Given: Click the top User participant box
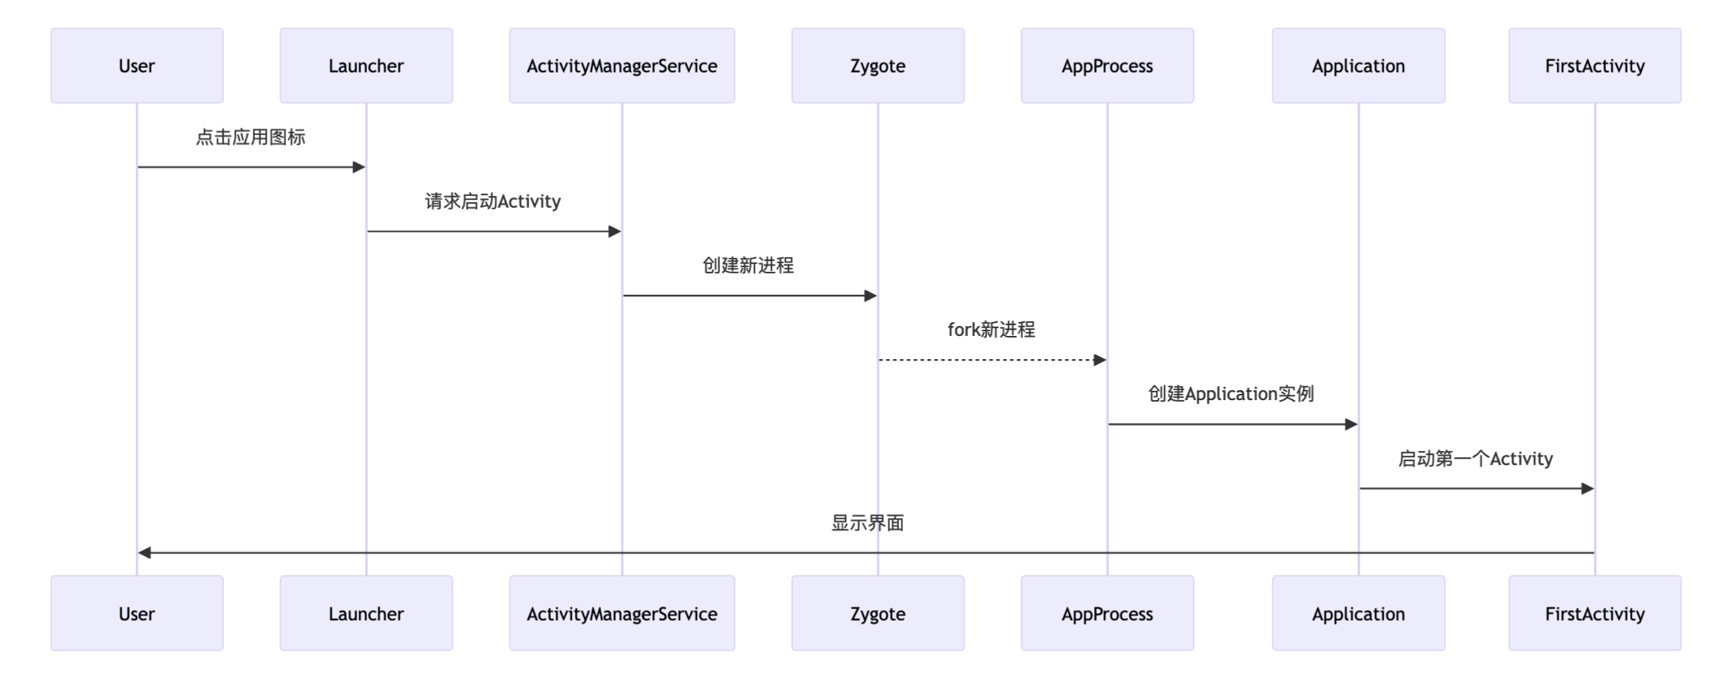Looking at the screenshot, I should tap(137, 66).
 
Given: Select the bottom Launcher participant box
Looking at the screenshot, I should tap(366, 613).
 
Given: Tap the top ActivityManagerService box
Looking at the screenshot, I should tap(622, 66).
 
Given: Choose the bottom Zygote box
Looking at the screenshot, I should tap(878, 613).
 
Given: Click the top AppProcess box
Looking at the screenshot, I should tap(1107, 66).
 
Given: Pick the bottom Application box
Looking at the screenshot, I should tap(1358, 613).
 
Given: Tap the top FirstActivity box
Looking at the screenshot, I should tap(1595, 66).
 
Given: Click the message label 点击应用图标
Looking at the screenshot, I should tap(250, 137).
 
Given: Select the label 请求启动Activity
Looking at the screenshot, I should tap(493, 202).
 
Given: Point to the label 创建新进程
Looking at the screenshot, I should tap(748, 266).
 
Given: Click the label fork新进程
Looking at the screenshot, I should tap(991, 330).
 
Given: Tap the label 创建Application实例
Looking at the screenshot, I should tap(1231, 394).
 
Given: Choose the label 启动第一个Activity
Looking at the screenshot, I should tap(1475, 459).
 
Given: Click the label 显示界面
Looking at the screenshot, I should tap(867, 523).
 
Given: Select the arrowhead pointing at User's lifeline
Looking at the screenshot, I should tap(144, 553).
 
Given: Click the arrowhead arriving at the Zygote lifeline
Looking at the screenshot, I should tap(871, 296).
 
